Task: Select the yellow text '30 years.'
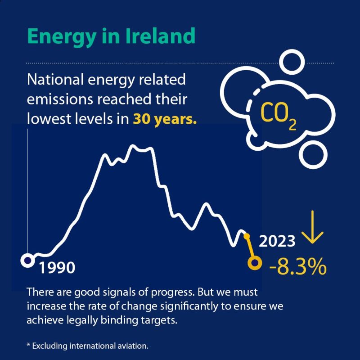(x=165, y=120)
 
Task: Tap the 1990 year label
(x=56, y=268)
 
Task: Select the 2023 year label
(x=277, y=242)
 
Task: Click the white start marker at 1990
(x=27, y=260)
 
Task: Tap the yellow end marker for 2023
(x=255, y=263)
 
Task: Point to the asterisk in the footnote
(x=29, y=345)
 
